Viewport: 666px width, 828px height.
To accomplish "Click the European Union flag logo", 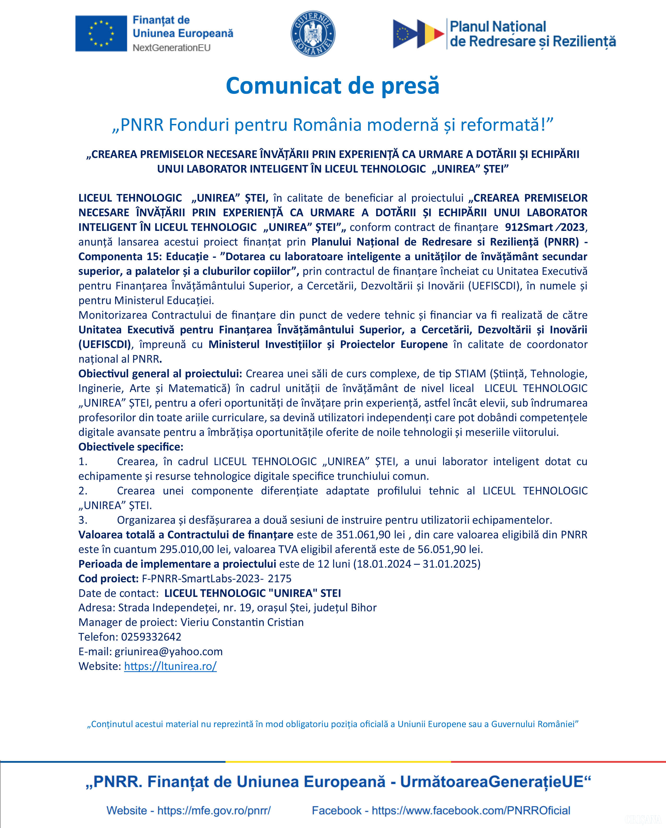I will click(101, 33).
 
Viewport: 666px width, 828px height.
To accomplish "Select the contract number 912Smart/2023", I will click(545, 227).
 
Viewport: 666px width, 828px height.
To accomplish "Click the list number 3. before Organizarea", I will click(83, 520).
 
